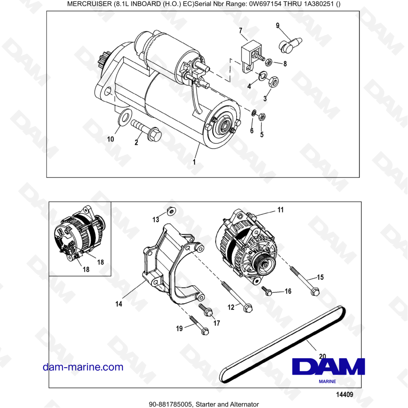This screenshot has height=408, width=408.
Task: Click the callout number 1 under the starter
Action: click(194, 162)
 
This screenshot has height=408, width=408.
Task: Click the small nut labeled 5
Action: click(263, 116)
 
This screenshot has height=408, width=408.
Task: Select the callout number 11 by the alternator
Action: click(280, 210)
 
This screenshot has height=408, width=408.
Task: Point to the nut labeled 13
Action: click(171, 211)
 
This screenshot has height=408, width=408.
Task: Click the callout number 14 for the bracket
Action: click(119, 304)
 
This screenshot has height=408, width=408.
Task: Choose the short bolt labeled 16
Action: click(267, 290)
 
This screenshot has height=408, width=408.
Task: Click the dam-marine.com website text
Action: click(83, 367)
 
